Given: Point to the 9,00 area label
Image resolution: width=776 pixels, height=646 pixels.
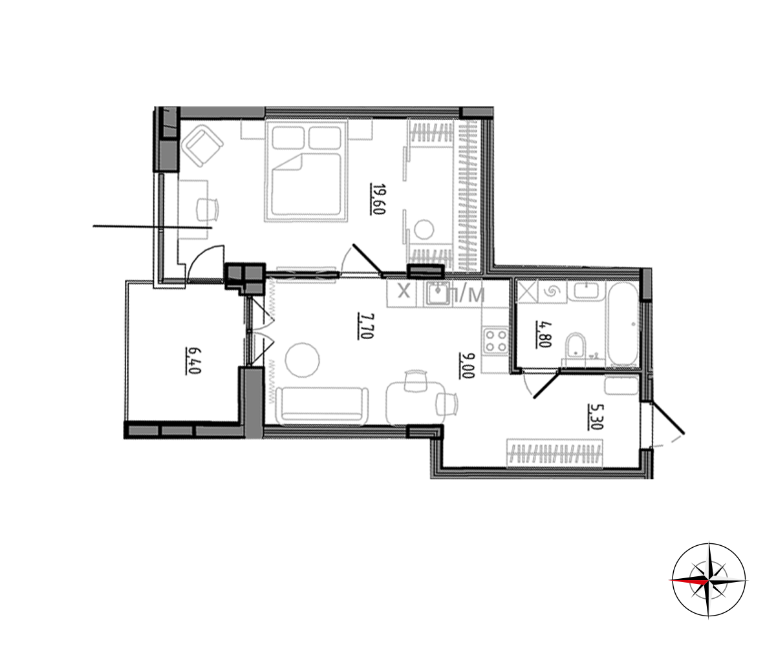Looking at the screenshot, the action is pos(466,366).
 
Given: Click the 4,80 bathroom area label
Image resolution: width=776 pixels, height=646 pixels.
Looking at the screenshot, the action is pos(543,335).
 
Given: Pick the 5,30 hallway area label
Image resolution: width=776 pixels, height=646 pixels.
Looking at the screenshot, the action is pos(594,417).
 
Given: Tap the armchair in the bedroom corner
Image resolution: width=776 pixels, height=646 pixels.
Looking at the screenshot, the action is pos(202,146).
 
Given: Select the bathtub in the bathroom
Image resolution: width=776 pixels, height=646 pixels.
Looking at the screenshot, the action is pos(623,325).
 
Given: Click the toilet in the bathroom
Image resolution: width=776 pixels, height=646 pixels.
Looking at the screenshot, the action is pos(575,346).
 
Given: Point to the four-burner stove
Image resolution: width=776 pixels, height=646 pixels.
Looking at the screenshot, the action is pos(496,340).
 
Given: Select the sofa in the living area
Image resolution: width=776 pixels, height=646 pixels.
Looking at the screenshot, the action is pos(322,406).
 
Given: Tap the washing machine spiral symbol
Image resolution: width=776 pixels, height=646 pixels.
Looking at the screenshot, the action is pos(552,291).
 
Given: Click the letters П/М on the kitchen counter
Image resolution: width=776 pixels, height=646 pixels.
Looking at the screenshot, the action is pos(467,294).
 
